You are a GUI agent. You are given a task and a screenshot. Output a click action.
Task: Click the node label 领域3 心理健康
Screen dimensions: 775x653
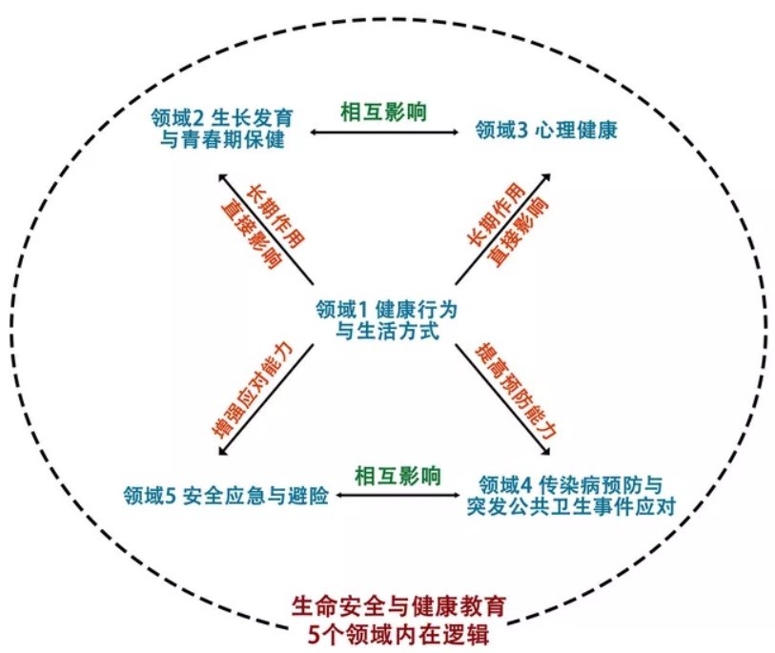[x=546, y=130]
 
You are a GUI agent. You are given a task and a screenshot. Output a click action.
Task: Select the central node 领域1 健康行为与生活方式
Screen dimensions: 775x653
[x=387, y=319]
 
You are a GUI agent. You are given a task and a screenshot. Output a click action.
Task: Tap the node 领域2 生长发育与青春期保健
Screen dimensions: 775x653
[x=222, y=128]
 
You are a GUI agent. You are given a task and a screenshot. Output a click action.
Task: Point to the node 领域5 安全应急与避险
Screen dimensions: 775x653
[x=226, y=495]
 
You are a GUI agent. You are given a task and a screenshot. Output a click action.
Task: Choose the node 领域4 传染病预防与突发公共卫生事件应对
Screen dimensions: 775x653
[x=571, y=496]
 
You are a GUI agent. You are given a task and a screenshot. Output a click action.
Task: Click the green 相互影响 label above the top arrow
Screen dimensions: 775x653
[x=383, y=112]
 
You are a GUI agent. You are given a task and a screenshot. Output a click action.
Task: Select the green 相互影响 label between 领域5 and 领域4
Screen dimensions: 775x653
[x=398, y=476]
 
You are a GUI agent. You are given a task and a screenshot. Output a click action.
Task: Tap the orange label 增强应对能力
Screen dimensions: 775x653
[x=253, y=390]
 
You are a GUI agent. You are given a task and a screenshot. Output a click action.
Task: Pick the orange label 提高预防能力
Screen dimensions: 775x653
[x=516, y=390]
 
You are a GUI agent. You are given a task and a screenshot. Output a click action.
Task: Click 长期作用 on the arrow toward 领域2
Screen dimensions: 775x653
[x=275, y=216]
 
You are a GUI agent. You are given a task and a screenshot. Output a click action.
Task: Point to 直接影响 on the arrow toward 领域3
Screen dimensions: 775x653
[x=520, y=232]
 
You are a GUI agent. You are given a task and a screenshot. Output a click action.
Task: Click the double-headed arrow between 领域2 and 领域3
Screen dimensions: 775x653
[x=385, y=132]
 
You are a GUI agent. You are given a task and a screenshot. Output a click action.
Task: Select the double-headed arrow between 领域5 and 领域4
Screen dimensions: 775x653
[x=398, y=495]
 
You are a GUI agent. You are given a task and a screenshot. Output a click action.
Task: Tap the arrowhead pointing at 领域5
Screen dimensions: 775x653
[x=222, y=451]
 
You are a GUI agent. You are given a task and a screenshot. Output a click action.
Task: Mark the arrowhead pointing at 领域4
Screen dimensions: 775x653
[x=546, y=451]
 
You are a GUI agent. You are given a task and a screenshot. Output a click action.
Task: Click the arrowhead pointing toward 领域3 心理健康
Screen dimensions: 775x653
[x=546, y=177]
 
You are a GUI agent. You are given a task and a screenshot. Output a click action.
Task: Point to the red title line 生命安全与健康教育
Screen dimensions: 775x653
[x=398, y=606]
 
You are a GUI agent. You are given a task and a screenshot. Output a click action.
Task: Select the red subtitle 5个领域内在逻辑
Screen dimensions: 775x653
[x=398, y=634]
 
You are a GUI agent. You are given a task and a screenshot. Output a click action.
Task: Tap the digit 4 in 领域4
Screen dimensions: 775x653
[x=527, y=485]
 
